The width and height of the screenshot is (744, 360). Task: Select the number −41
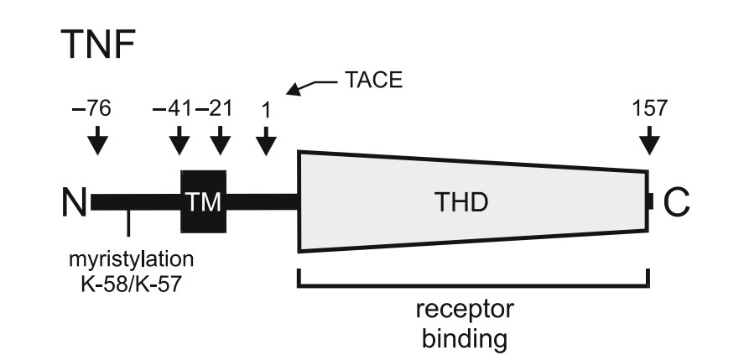tap(174, 110)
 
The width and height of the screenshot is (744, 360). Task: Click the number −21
tap(218, 110)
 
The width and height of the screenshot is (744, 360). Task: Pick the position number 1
tap(266, 110)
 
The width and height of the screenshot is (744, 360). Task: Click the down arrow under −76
tap(98, 140)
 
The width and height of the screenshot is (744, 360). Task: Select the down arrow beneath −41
tap(179, 140)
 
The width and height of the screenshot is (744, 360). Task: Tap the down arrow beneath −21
tap(220, 140)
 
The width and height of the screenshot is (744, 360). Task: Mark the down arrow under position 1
tap(266, 140)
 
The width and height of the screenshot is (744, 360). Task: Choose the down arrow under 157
tap(648, 140)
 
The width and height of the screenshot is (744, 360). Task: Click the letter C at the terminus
tap(675, 201)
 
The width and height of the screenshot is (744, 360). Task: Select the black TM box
tap(203, 201)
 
